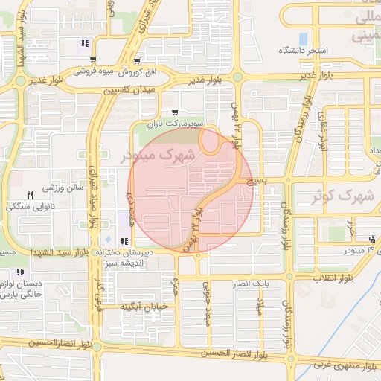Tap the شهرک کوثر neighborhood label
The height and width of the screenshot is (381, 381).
[x=343, y=198]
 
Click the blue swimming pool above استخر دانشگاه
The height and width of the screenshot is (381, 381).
[x=303, y=38]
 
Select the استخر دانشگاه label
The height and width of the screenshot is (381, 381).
[x=304, y=50]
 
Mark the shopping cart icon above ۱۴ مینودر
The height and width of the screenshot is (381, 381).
[x=371, y=239]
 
